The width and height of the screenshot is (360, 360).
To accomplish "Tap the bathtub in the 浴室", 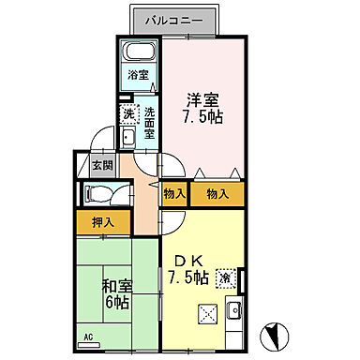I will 141,52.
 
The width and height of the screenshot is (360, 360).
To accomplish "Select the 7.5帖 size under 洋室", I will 201,118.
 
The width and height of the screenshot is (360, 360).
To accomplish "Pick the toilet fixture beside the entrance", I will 99,195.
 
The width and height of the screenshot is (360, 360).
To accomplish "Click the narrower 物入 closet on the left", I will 172,194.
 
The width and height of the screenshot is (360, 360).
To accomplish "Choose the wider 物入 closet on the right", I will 216,194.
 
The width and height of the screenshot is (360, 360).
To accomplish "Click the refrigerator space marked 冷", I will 225,277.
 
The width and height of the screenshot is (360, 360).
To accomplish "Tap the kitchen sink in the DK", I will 236,310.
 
